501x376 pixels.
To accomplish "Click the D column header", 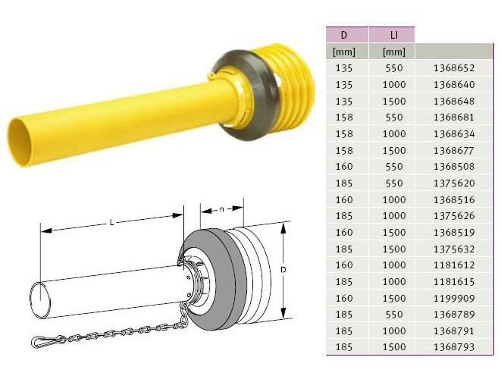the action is [344, 35].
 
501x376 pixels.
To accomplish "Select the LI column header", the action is [394, 35].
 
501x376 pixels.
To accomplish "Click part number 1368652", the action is [454, 68].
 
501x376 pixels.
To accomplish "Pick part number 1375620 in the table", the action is [454, 183].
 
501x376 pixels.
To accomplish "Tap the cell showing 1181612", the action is [454, 265].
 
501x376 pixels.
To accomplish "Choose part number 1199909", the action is [454, 298].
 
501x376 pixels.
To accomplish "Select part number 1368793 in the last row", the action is [454, 346].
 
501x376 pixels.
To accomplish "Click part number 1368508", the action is [454, 167].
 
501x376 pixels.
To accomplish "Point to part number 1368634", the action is [454, 133].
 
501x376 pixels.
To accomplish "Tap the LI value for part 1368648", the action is [394, 101].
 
